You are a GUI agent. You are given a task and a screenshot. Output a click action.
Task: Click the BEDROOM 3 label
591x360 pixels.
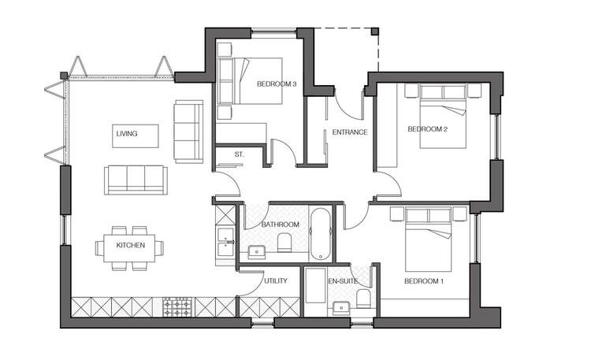coord(277,84)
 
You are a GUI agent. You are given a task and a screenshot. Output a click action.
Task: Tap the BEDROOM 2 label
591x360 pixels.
coord(427,129)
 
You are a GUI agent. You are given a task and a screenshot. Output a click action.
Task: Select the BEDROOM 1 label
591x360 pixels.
coord(424,281)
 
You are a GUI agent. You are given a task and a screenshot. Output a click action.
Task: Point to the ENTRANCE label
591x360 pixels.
coord(350,132)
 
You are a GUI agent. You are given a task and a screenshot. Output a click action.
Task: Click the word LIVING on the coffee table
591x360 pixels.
coord(127,134)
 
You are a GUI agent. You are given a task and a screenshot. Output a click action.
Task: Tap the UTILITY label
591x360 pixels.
coord(276,281)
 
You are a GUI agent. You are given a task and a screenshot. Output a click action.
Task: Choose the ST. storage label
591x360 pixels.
coord(239,154)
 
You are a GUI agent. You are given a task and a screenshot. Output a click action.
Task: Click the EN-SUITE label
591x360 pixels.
coord(343,281)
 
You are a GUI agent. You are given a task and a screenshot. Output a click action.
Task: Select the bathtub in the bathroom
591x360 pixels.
coord(321,234)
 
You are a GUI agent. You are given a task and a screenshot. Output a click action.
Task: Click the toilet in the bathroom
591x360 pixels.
coord(284,243)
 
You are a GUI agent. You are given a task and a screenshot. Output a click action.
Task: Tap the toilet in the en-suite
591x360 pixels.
coord(363,299)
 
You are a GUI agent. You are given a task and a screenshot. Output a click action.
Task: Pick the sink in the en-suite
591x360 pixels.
coord(342,308)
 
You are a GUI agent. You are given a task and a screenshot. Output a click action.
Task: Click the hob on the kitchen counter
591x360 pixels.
coord(177,307)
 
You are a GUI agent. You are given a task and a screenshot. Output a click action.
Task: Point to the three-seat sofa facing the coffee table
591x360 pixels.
coord(136,180)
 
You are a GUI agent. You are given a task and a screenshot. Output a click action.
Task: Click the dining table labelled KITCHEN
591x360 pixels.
coord(129,248)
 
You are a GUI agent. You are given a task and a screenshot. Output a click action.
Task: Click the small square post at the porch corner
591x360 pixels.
coord(374,32)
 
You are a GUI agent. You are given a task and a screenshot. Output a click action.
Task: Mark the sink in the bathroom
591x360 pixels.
coord(257,252)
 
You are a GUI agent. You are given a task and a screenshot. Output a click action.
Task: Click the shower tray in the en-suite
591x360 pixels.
coord(315,285)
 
